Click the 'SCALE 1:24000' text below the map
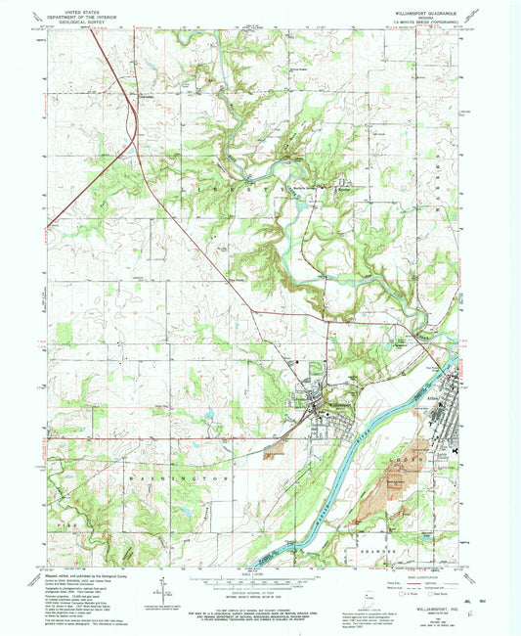point(261,573)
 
